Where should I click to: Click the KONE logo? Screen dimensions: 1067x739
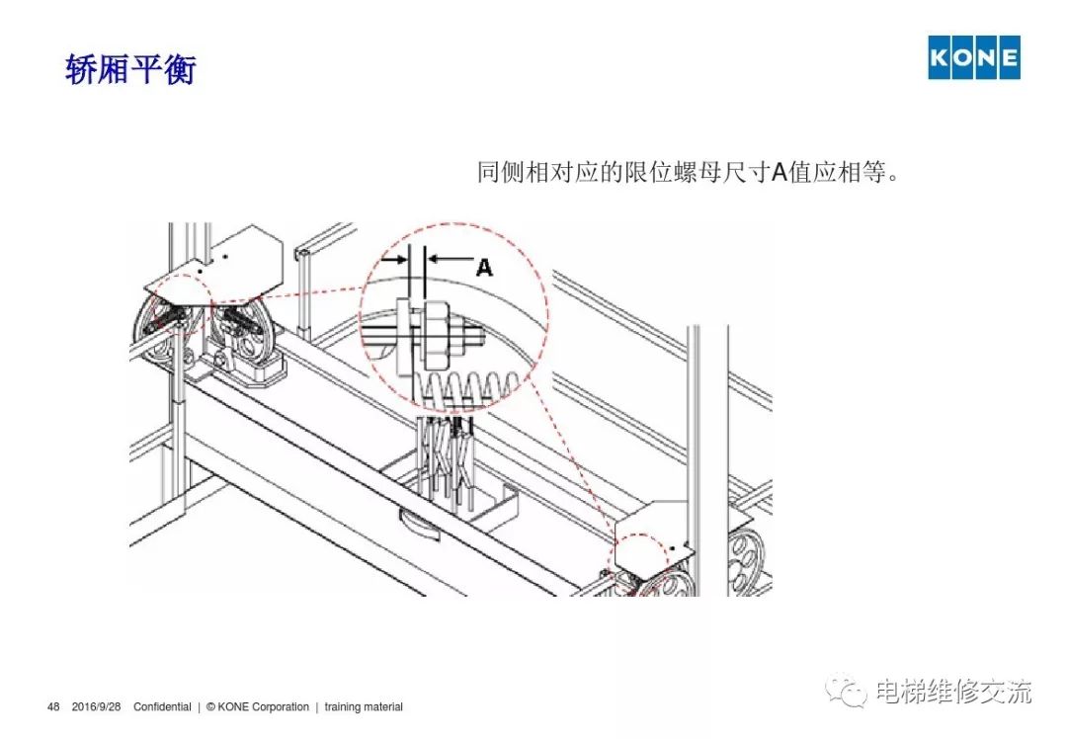[x=974, y=57]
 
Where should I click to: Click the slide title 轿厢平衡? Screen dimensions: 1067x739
[x=130, y=69]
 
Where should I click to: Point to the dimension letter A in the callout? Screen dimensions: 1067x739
[x=484, y=267]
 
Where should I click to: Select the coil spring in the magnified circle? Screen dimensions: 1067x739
[x=469, y=388]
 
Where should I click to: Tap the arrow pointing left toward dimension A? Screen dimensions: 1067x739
[x=451, y=258]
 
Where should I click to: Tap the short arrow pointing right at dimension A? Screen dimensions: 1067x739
[x=394, y=259]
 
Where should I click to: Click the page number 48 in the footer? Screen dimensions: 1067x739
[x=53, y=707]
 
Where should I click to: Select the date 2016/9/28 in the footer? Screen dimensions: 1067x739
[x=96, y=707]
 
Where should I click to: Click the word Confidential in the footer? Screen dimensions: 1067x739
[x=162, y=707]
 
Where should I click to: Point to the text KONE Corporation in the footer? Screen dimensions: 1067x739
[x=264, y=707]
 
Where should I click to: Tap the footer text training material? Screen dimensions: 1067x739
[x=364, y=707]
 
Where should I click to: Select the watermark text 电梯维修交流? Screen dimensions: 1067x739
[x=953, y=691]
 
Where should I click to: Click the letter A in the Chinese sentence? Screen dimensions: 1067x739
[x=780, y=172]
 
